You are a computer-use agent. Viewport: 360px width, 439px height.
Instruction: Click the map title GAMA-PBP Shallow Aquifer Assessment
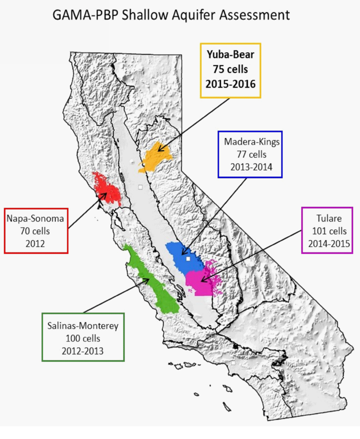(x=171, y=15)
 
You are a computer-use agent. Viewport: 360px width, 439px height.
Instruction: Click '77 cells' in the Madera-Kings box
(x=249, y=154)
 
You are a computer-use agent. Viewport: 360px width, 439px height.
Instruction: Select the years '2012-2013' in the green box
(x=83, y=350)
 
